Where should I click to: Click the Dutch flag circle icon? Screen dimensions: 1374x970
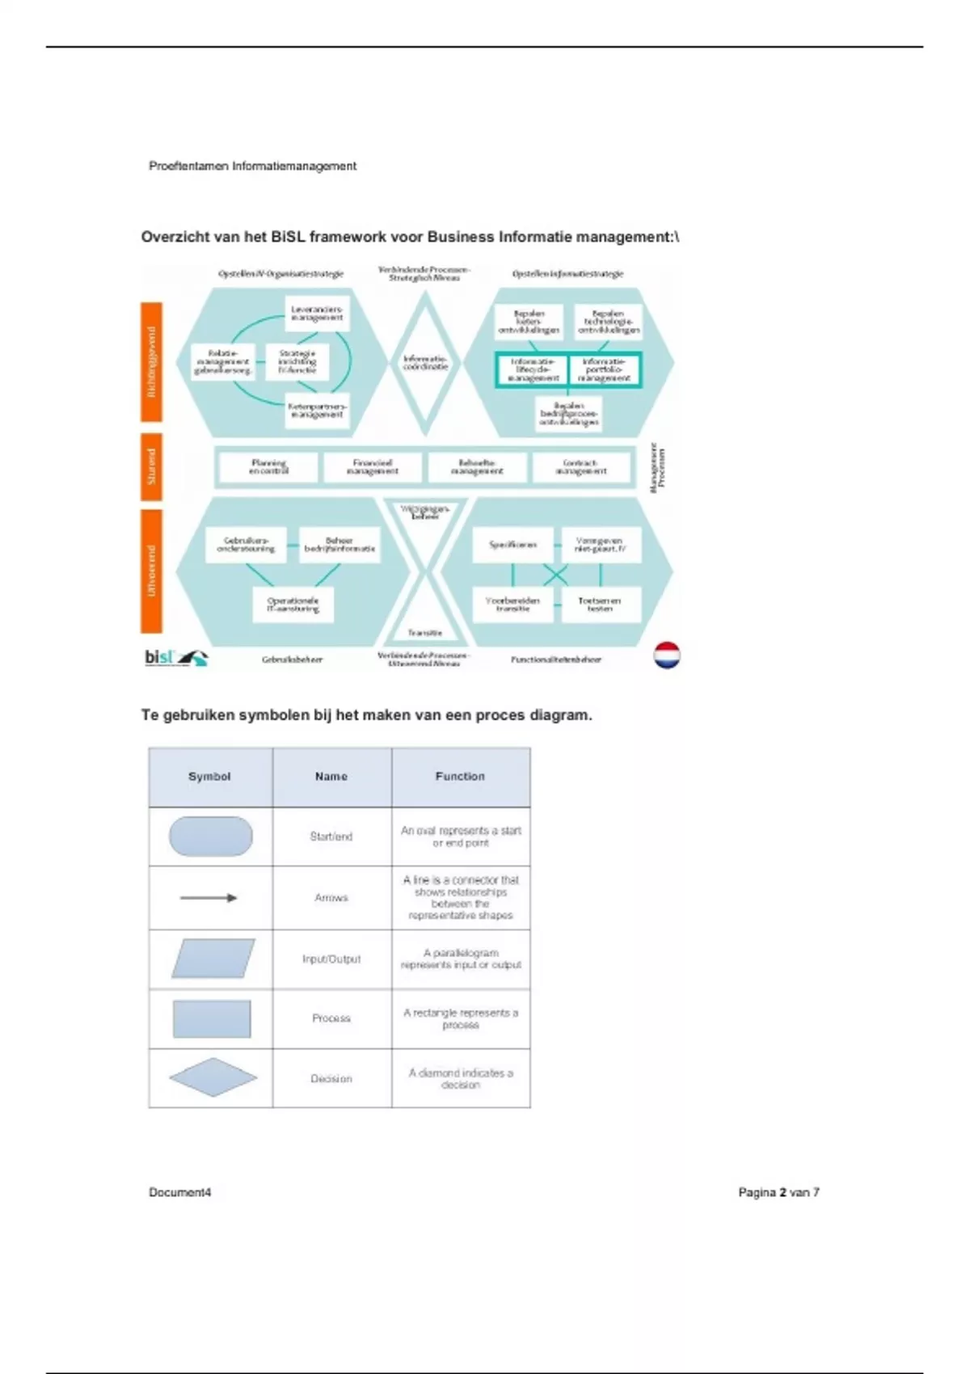(667, 655)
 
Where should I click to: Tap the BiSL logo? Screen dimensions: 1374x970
(175, 657)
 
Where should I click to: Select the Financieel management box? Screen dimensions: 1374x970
(373, 467)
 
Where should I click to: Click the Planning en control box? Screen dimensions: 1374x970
(268, 467)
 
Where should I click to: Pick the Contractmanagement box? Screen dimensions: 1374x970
(581, 467)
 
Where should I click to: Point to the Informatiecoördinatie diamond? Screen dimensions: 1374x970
(425, 363)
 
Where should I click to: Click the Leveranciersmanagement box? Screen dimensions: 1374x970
(318, 314)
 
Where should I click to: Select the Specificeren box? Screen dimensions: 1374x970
(512, 545)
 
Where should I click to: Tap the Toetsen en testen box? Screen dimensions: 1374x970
(600, 605)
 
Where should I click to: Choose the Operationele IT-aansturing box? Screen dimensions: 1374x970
(293, 605)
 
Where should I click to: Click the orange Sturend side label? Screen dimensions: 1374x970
(151, 467)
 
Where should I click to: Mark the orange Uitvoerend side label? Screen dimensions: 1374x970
(151, 571)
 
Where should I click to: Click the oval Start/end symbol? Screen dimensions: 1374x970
(210, 837)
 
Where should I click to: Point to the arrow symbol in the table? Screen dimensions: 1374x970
(209, 898)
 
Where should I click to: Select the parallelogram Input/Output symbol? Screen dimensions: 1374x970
(213, 959)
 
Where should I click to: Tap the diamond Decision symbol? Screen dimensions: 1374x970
(213, 1077)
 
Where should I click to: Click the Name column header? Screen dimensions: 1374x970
(331, 777)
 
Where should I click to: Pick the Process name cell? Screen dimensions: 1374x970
(331, 1018)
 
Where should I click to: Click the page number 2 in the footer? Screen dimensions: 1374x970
(782, 1192)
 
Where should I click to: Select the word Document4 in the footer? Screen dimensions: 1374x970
(179, 1192)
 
